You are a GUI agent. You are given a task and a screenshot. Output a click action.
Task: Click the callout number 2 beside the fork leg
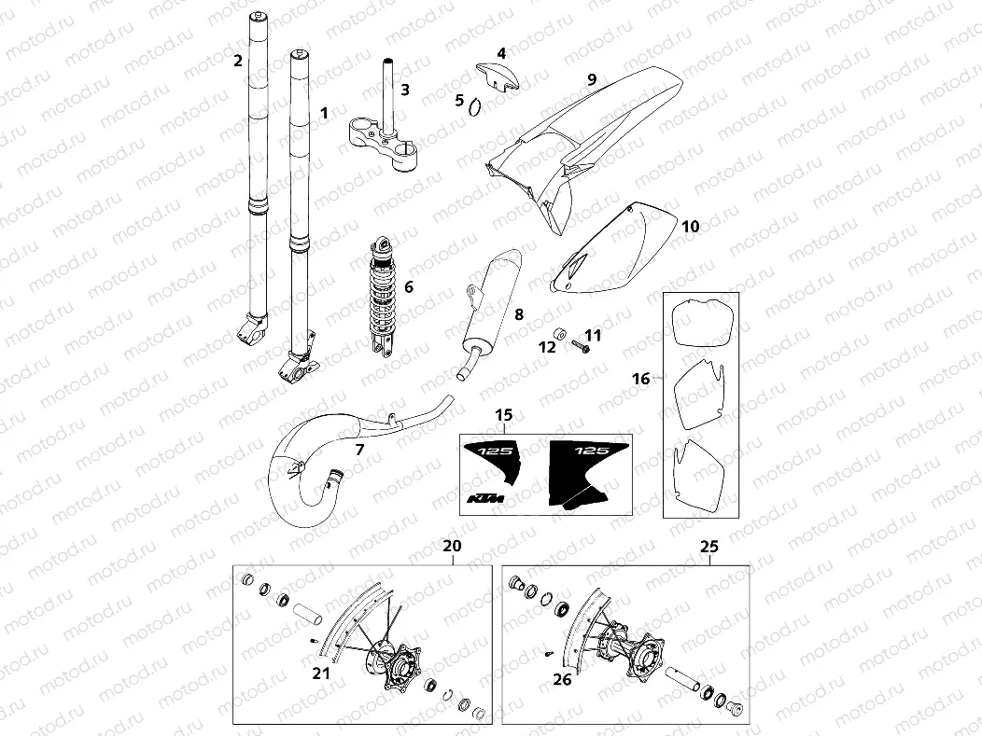point(238,62)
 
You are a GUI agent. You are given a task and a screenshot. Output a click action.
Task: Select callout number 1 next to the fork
point(324,113)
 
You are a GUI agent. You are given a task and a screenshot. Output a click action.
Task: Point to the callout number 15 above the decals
point(504,414)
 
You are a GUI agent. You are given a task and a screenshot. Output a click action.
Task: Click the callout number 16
point(640,379)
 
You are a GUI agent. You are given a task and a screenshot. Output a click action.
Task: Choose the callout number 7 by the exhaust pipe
point(358,449)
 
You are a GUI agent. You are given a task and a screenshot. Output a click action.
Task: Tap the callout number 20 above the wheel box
point(453,546)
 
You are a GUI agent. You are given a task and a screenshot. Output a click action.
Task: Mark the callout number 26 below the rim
point(562,680)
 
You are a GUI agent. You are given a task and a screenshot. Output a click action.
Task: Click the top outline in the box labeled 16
point(700,322)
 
